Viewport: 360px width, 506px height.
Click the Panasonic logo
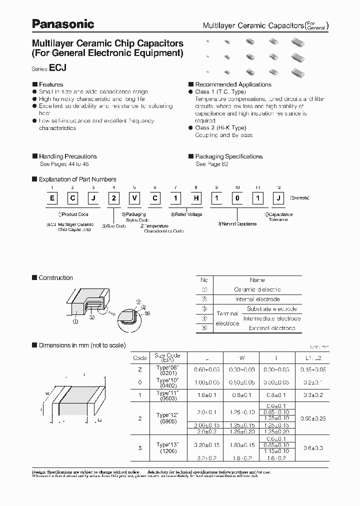(x=63, y=23)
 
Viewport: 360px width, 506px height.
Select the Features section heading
(x=51, y=84)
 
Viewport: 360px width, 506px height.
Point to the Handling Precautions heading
(x=67, y=156)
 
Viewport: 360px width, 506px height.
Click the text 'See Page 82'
(x=212, y=164)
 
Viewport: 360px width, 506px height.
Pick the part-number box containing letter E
(x=51, y=198)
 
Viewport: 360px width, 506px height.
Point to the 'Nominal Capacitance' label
(x=237, y=223)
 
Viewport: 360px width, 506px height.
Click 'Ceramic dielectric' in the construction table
(x=257, y=289)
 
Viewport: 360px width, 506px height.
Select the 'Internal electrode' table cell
(x=257, y=299)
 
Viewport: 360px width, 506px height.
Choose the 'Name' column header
(x=257, y=280)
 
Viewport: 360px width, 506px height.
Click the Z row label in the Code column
(x=140, y=369)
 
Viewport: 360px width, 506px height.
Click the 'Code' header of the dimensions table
(x=140, y=357)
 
